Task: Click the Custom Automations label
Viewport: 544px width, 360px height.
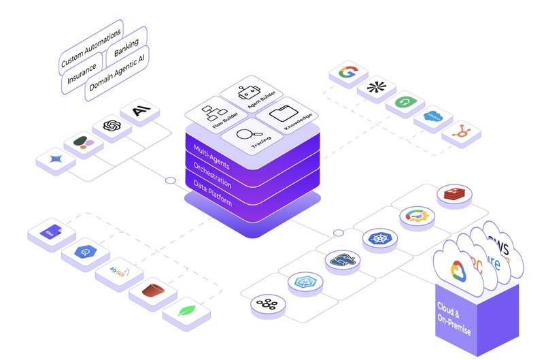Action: point(91,48)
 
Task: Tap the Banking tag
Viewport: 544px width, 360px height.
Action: point(126,49)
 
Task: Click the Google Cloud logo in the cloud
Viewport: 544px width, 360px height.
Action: point(460,269)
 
